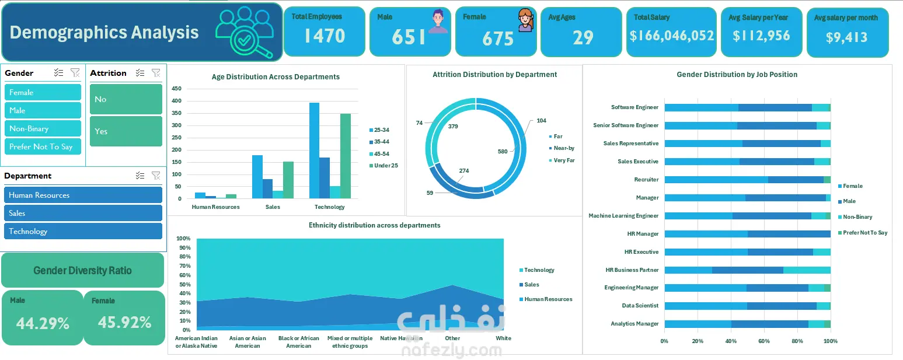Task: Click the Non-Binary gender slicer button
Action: click(43, 128)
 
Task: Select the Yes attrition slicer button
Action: click(125, 131)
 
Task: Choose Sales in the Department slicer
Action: click(83, 214)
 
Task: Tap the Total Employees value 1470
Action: click(325, 36)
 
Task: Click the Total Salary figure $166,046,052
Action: click(672, 36)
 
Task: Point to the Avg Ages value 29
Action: click(583, 37)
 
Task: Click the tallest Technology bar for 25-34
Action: click(315, 151)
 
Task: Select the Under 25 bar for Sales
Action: click(288, 180)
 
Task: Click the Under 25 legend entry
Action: click(383, 166)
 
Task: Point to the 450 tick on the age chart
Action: click(176, 88)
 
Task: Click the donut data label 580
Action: click(503, 152)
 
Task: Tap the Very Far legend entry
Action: click(562, 160)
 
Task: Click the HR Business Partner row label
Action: click(632, 270)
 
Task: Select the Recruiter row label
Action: click(646, 179)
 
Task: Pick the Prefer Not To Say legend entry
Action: click(863, 233)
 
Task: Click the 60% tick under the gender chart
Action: click(764, 341)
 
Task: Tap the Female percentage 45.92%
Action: click(124, 322)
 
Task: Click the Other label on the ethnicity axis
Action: click(452, 338)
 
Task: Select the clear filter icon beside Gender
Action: click(75, 72)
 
